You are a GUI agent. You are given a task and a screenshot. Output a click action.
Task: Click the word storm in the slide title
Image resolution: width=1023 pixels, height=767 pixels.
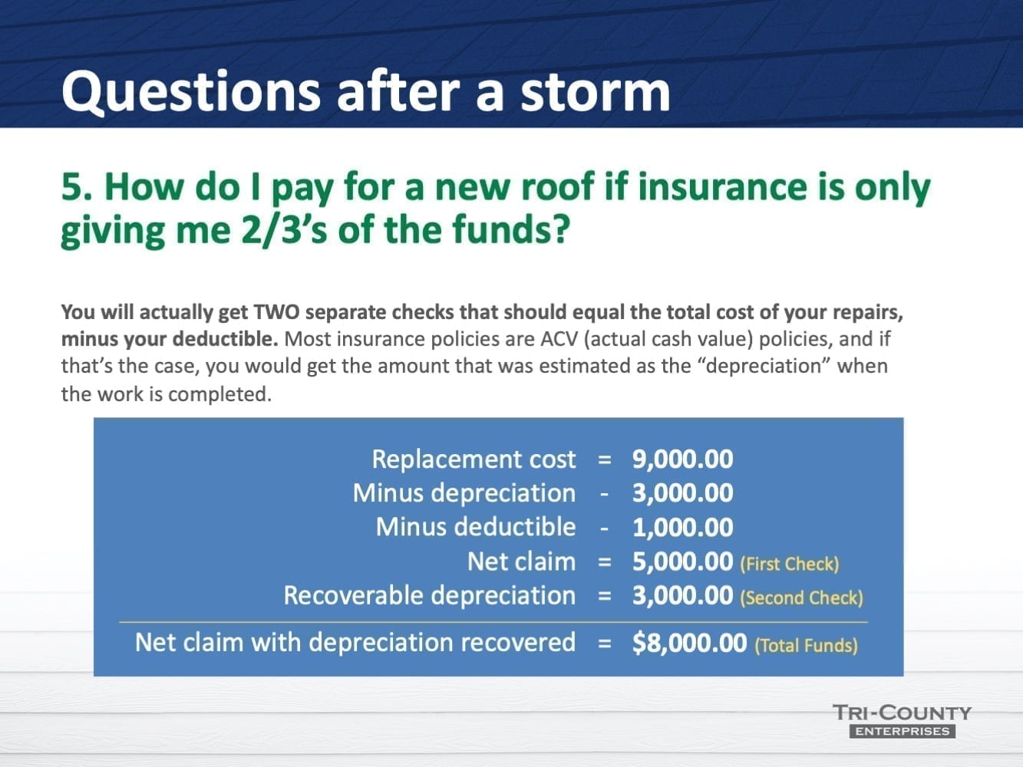coord(595,91)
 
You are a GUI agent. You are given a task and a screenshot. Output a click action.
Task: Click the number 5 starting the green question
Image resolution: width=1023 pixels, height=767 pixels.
coord(71,187)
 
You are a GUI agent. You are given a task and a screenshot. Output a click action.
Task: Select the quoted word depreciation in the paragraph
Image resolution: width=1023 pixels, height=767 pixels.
coord(761,366)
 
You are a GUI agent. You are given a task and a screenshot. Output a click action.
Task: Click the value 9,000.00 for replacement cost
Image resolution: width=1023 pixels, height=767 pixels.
coord(682,459)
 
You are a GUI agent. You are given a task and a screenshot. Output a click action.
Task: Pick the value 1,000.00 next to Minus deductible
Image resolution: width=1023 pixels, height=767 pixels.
coord(682,527)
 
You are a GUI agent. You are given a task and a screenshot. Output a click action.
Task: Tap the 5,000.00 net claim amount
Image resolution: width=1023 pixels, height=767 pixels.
coord(682,561)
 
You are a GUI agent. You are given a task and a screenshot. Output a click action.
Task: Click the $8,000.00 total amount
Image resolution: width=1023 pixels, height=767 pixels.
coord(689,642)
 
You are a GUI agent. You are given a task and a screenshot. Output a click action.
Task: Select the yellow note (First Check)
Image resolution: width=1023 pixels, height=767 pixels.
coord(789,564)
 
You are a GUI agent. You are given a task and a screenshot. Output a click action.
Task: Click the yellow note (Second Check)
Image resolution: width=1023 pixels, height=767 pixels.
coord(801,597)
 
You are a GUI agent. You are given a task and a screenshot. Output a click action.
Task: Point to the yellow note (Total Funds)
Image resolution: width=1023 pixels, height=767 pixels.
coord(806,645)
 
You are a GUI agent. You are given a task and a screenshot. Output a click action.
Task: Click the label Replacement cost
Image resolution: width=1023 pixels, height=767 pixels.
coord(473,459)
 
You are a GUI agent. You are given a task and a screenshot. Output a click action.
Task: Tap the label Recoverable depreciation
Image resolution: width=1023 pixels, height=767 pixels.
coord(429,595)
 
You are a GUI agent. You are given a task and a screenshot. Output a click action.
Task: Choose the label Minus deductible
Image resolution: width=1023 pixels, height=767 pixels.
coord(475,527)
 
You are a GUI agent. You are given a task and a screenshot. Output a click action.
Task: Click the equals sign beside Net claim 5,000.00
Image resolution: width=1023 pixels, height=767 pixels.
coord(605,562)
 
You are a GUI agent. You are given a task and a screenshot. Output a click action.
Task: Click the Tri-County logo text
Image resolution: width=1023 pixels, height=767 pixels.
coord(902,713)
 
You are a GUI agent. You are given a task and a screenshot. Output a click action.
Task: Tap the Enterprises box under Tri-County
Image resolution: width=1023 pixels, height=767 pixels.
coord(902,732)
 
